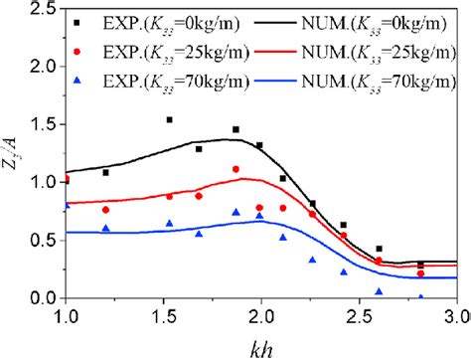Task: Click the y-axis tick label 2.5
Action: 43,10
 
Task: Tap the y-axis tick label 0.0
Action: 43,298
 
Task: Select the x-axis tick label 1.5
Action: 165,316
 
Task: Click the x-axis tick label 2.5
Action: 360,316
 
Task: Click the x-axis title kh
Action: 260,344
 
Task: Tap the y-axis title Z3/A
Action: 14,155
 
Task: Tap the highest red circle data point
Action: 235,169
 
